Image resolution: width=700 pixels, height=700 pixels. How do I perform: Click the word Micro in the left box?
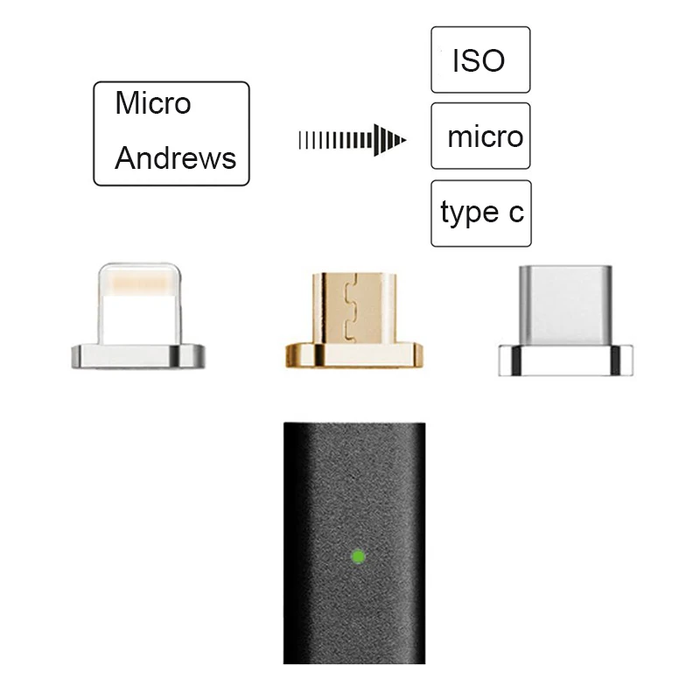point(153,102)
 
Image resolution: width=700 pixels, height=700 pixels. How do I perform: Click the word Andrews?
point(176,158)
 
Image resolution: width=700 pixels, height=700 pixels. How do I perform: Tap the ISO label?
point(479,60)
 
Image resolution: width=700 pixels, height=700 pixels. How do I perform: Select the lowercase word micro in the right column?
point(486,136)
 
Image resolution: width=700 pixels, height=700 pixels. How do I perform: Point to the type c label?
point(482,213)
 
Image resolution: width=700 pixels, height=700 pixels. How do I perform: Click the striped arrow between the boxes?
point(353,140)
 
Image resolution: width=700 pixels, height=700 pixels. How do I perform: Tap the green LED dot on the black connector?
point(359,556)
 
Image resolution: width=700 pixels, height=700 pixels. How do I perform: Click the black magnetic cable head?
point(354,542)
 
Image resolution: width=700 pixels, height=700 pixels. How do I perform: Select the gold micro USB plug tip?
point(354,308)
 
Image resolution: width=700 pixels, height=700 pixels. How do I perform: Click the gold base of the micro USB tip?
point(354,355)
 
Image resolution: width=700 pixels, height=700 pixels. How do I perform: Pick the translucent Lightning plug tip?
point(139,304)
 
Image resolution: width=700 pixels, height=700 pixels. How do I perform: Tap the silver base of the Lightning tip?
point(138,356)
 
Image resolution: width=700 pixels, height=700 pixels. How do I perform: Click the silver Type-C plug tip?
point(565,305)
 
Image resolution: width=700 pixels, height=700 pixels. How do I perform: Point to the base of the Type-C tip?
point(565,360)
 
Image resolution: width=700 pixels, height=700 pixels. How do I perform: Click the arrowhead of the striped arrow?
point(389,140)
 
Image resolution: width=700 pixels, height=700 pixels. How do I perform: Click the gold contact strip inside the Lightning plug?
point(140,283)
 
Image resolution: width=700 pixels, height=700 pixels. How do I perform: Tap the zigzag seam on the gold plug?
point(351,308)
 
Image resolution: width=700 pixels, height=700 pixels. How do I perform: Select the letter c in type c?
point(516,213)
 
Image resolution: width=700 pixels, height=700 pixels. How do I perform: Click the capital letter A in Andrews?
point(127,158)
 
